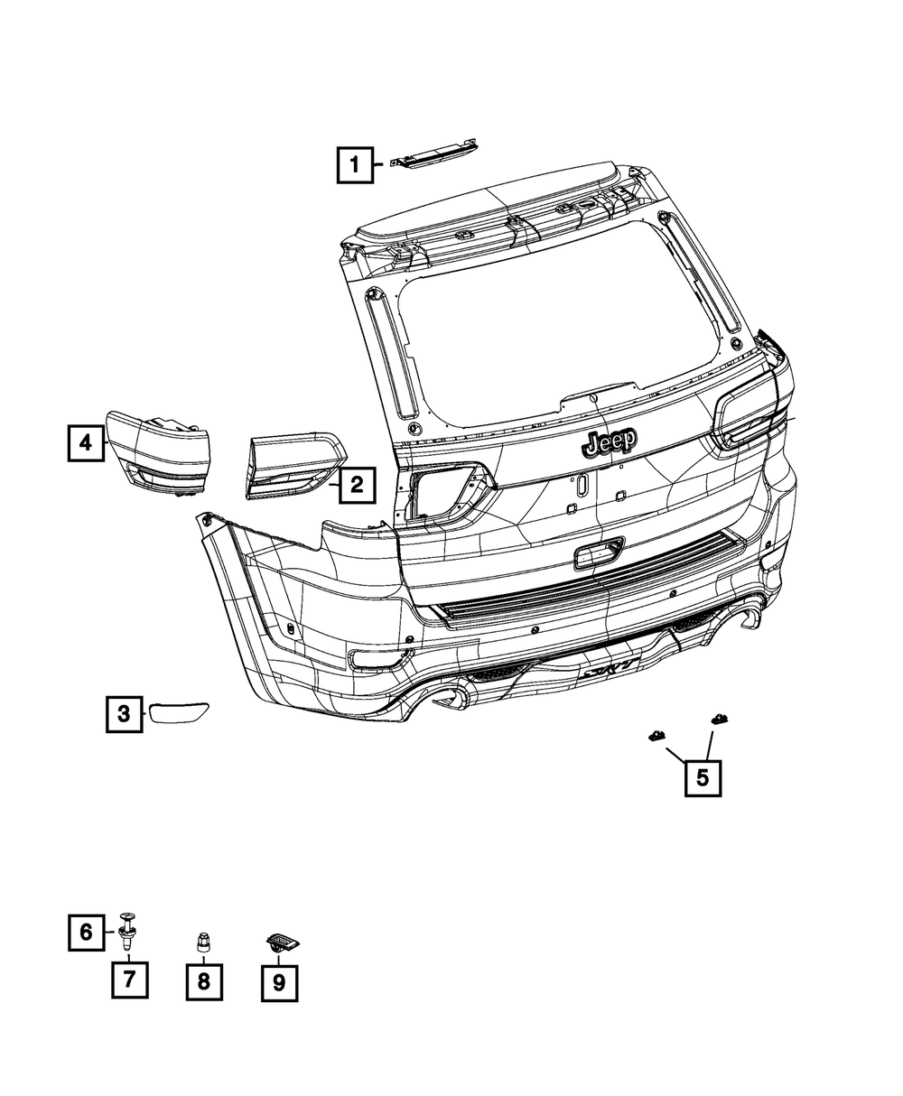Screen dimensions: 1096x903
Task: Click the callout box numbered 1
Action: pos(355,164)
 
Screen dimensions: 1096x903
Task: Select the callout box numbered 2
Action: pos(357,486)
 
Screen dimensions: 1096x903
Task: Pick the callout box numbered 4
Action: pos(85,442)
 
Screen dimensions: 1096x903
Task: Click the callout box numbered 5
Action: pos(703,776)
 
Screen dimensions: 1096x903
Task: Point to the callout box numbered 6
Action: pos(86,932)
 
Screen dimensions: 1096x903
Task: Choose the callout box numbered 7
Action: pos(129,979)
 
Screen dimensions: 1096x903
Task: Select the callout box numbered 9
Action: pos(278,982)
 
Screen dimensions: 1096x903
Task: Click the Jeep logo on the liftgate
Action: pos(610,441)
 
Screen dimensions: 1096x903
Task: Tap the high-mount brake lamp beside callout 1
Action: pos(434,156)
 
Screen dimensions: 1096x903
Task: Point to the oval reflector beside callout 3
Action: pos(179,713)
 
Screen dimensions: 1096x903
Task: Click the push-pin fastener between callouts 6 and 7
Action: pos(126,932)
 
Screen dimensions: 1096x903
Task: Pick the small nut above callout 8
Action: pos(202,943)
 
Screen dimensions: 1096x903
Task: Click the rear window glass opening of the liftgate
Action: pos(560,334)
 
